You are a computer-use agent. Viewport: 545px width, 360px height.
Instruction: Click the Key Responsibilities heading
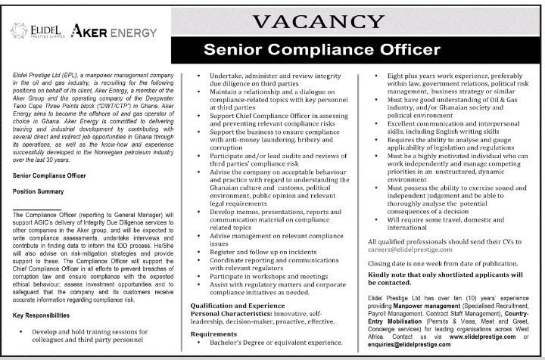tap(45, 293)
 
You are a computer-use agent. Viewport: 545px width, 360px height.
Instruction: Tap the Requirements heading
tap(215, 332)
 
